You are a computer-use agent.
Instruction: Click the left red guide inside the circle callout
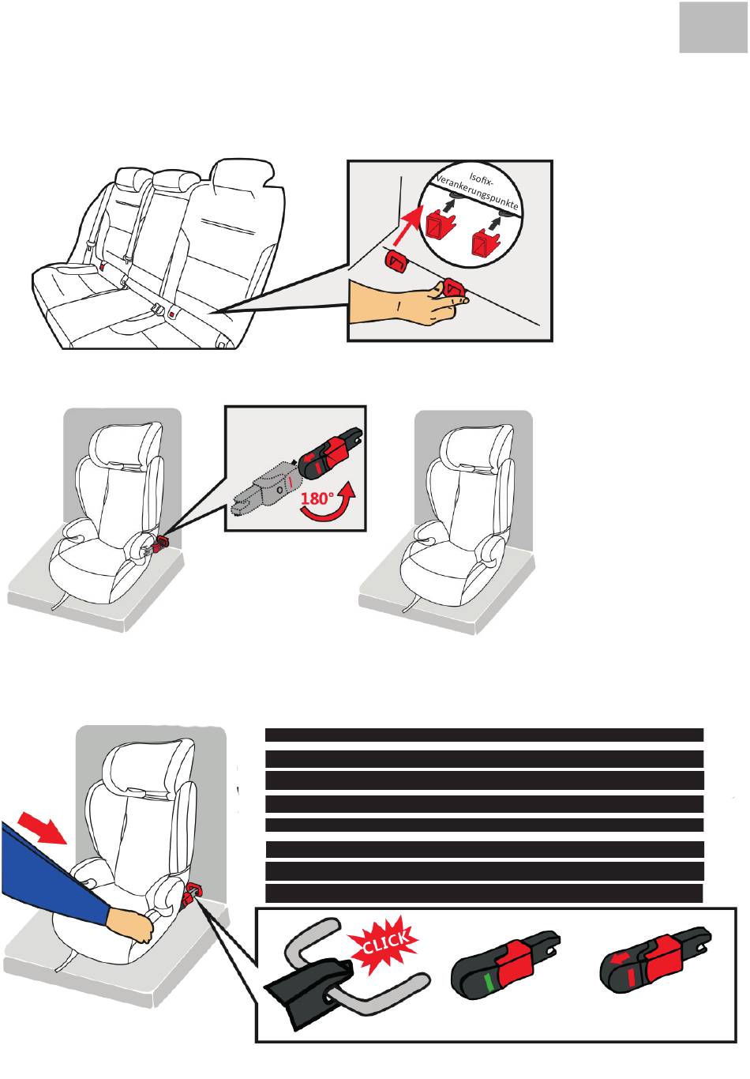pyautogui.click(x=439, y=224)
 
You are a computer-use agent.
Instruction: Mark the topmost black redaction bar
pyautogui.click(x=484, y=735)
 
